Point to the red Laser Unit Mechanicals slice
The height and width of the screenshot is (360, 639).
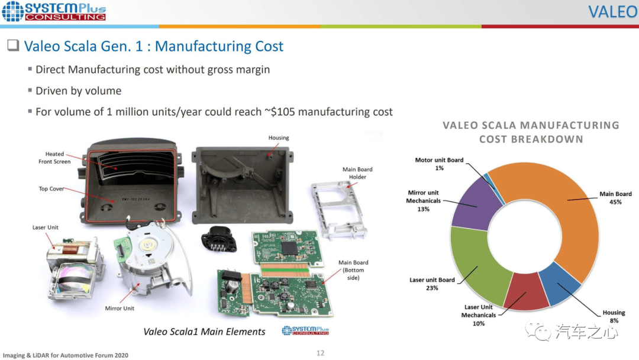(527, 291)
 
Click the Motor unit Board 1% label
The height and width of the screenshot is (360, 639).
(439, 164)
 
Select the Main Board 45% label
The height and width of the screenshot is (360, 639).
(615, 198)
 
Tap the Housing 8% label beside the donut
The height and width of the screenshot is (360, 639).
(614, 316)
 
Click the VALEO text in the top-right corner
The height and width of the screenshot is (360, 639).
(612, 12)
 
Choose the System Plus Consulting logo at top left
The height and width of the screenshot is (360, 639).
(54, 11)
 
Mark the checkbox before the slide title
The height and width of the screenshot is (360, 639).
(13, 45)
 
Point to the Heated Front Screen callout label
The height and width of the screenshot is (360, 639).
(54, 157)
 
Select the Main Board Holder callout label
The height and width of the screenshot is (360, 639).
(357, 173)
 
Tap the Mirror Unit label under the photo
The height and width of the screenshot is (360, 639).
(120, 308)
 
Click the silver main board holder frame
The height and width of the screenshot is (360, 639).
(338, 210)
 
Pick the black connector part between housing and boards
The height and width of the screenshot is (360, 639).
(219, 239)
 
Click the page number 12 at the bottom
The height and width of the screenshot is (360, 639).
(320, 353)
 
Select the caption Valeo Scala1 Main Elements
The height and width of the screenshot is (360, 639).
(204, 332)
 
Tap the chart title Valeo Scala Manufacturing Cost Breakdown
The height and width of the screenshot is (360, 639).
(531, 132)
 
